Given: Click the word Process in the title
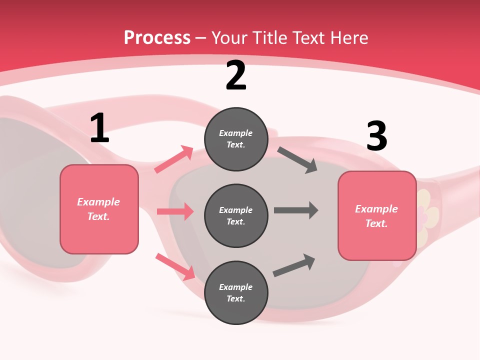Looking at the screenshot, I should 157,37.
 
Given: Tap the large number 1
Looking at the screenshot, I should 99,128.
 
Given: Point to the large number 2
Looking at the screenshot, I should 236,76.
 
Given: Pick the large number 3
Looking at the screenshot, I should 376,136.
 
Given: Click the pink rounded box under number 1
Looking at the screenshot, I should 99,209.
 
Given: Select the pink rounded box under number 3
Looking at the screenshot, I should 377,216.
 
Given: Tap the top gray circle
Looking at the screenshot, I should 236,139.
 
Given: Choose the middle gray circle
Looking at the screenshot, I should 236,215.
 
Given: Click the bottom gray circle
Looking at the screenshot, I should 236,292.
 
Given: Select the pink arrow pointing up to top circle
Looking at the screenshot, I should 174,159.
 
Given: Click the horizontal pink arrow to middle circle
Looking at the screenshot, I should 175,211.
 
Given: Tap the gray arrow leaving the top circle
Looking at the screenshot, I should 297,160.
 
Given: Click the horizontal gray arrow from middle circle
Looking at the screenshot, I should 296,210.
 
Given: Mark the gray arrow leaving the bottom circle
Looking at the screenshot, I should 294,265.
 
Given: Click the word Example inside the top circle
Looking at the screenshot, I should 236,133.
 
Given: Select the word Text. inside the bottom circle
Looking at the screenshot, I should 236,298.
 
